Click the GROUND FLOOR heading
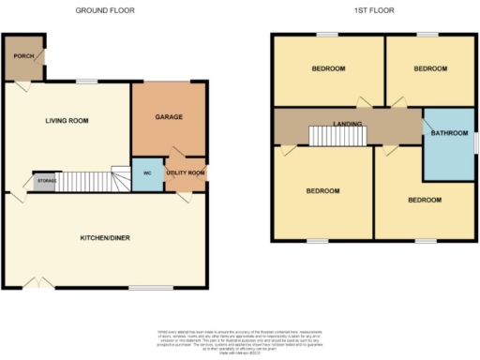coord(104,10)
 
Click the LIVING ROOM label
coord(67,120)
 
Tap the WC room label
coord(147,173)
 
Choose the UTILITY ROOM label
coord(186,173)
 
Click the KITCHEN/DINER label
coord(104,238)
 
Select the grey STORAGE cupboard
coord(44,180)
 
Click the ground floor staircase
coord(89,180)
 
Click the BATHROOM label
coord(449,133)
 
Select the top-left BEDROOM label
coord(328,69)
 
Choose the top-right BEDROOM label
coord(430,69)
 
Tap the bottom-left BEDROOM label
coord(323,191)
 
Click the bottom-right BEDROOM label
coord(424,200)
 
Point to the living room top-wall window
coord(87,82)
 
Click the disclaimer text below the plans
coord(240,340)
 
